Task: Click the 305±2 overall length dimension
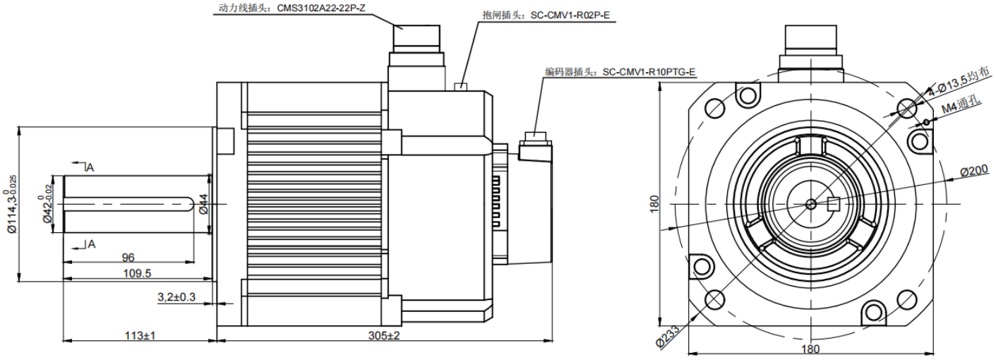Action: pyautogui.click(x=383, y=335)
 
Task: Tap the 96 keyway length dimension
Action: pyautogui.click(x=128, y=257)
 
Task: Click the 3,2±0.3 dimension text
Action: pyautogui.click(x=176, y=298)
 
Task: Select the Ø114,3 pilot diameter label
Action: pyautogui.click(x=11, y=204)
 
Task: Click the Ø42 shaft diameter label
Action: pyautogui.click(x=48, y=204)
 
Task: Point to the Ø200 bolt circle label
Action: pyautogui.click(x=975, y=172)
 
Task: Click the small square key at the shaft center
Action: pyautogui.click(x=832, y=204)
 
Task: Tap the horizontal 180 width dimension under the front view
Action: pyautogui.click(x=811, y=348)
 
